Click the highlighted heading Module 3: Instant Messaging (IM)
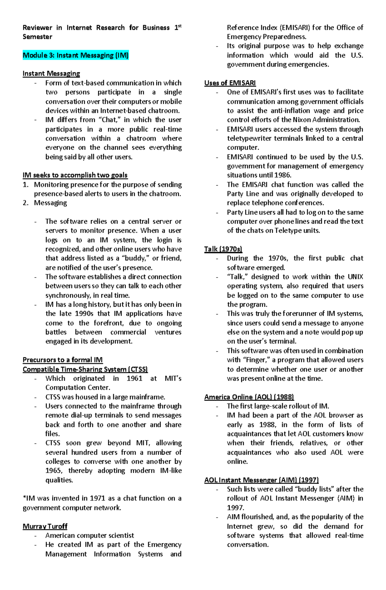[76, 55]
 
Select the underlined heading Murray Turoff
[45, 526]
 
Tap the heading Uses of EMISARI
[230, 83]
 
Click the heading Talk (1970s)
[223, 249]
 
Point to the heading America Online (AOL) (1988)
[249, 397]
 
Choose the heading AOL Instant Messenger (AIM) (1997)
[261, 480]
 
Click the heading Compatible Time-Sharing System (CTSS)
[85, 369]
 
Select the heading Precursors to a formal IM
[62, 360]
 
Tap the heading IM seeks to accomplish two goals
[75, 175]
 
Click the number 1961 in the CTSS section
[134, 378]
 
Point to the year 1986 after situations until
[283, 175]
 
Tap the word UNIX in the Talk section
[355, 277]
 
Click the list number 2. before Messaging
[26, 203]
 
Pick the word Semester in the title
[37, 37]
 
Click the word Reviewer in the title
[37, 28]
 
